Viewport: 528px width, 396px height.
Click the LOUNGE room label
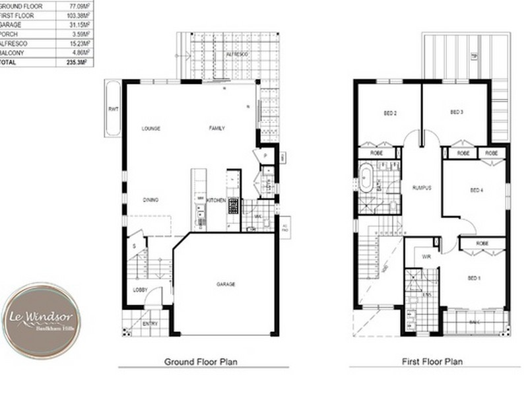[x=151, y=128]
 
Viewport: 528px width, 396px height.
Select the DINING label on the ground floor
[x=150, y=199]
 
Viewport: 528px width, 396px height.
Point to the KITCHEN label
[x=216, y=200]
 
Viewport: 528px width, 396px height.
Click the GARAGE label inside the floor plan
[x=226, y=284]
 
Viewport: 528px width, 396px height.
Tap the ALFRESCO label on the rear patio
[x=236, y=53]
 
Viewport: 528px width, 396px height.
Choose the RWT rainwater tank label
[x=113, y=110]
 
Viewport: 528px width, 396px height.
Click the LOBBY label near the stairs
[x=140, y=290]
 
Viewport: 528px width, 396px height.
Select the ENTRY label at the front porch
[x=150, y=323]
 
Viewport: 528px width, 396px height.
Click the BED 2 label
[x=389, y=113]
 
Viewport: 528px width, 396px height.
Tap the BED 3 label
[x=456, y=112]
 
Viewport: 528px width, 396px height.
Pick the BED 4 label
[x=477, y=190]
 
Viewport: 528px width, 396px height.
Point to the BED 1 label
[x=473, y=278]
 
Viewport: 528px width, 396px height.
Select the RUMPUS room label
[x=421, y=187]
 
